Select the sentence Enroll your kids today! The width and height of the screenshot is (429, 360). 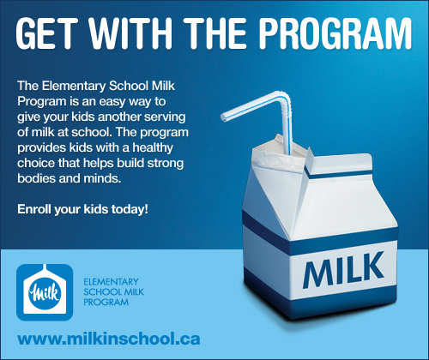[82, 209]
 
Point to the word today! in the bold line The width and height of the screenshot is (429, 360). [129, 209]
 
